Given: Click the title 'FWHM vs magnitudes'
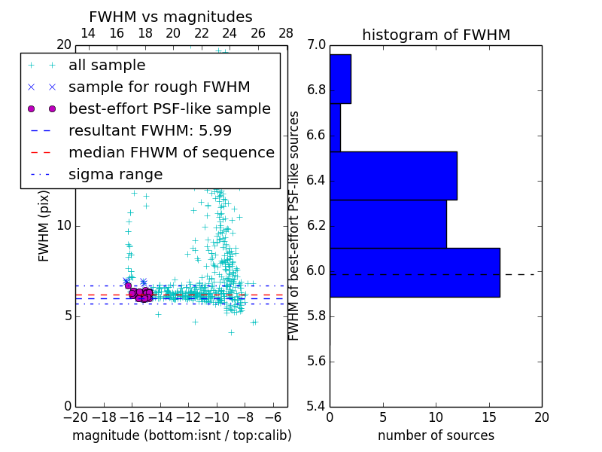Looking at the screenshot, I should pos(171,17).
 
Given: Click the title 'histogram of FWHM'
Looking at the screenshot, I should pos(436,35).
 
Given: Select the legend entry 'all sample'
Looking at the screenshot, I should pos(107,66).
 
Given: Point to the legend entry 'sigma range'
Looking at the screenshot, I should pos(115,175).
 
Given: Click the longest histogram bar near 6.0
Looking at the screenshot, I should pos(415,272).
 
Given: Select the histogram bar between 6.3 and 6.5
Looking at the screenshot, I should pos(393,176).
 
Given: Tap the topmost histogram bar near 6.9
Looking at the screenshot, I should pos(340,79).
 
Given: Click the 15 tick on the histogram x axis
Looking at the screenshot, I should pos(488,417).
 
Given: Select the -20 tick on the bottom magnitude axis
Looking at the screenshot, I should pos(75,417).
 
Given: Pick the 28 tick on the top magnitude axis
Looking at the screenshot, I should pos(286,33).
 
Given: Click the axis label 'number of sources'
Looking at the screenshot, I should pos(436,435).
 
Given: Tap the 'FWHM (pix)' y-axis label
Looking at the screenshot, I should pos(44,226).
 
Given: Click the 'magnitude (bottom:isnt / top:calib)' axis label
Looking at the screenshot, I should pos(181,435).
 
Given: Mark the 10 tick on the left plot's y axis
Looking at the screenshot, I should pos(64,226).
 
